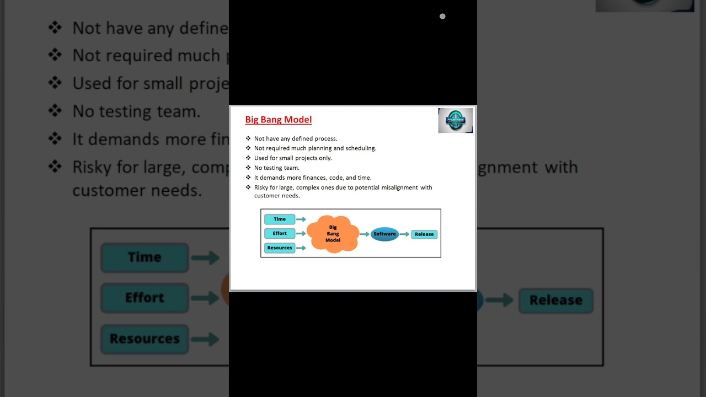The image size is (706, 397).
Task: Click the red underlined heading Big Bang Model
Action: tap(279, 120)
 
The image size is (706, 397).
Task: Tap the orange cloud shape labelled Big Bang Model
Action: tap(333, 234)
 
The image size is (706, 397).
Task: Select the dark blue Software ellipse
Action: tap(384, 234)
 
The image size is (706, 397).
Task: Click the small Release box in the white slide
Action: tap(424, 234)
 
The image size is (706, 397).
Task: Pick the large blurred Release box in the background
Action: tap(555, 301)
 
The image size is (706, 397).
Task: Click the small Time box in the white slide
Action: tap(280, 219)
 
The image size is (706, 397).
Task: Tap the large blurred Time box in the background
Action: tap(145, 257)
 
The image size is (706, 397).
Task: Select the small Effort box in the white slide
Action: tap(280, 234)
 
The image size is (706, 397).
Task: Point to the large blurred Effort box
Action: tap(145, 298)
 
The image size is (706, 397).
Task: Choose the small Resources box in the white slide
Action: tap(280, 248)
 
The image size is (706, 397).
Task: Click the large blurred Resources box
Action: tap(145, 339)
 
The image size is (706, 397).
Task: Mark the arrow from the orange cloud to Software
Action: tap(365, 234)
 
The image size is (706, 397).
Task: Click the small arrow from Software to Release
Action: tap(405, 234)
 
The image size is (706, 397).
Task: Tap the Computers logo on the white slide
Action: tap(456, 120)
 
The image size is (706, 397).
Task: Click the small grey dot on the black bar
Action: tap(442, 17)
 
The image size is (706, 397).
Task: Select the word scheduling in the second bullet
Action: tap(361, 148)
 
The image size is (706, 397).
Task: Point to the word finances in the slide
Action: tap(312, 178)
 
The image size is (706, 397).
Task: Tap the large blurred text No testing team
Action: tap(136, 112)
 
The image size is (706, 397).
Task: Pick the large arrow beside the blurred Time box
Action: tap(205, 257)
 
